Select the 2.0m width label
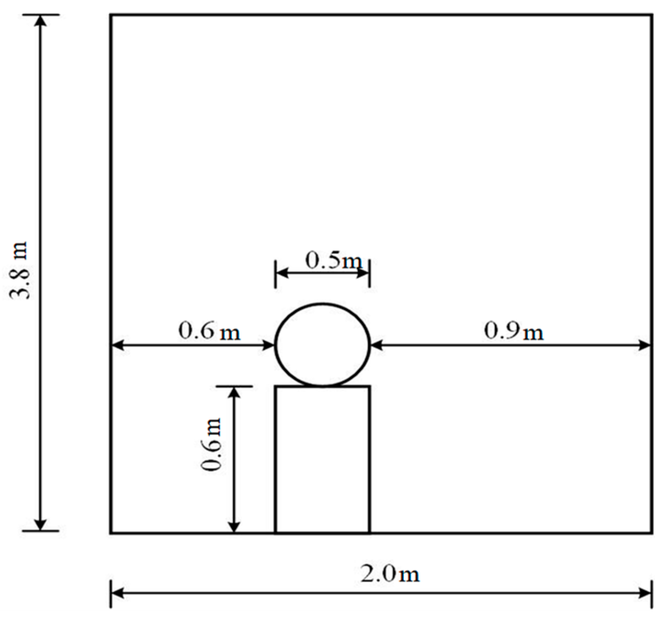[x=390, y=574]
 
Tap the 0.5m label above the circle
[x=333, y=260]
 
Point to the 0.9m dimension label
[x=514, y=331]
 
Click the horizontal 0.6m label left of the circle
[x=209, y=331]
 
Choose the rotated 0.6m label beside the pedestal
[x=211, y=444]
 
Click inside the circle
[x=322, y=345]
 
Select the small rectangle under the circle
[x=322, y=459]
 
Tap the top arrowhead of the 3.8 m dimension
[x=41, y=21]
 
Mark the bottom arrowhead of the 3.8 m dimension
[x=41, y=524]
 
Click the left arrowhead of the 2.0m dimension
[x=117, y=593]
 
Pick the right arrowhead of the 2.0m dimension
[x=645, y=593]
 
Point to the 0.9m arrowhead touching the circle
[x=377, y=346]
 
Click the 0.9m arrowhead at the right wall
[x=645, y=346]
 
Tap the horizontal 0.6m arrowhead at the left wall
[x=118, y=346]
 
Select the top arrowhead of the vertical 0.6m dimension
[x=234, y=392]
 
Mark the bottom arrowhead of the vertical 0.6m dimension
[x=234, y=527]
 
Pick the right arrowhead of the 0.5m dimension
[x=363, y=273]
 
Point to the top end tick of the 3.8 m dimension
[x=41, y=15]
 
